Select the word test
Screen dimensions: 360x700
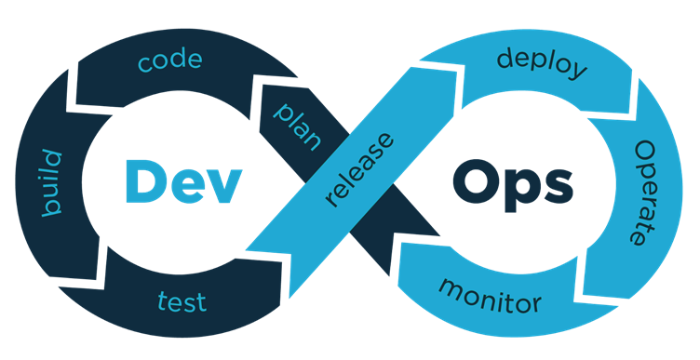click(x=182, y=300)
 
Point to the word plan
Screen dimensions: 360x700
click(x=297, y=126)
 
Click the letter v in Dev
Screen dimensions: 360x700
click(x=224, y=185)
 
